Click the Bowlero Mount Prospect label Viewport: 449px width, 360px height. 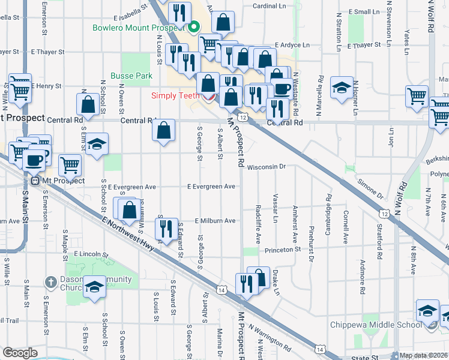click(x=138, y=28)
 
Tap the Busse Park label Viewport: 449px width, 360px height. click(x=131, y=76)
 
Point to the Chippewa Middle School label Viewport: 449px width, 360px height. click(x=375, y=325)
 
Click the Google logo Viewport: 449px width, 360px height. click(x=20, y=353)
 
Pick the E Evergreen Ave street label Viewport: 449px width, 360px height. click(x=211, y=187)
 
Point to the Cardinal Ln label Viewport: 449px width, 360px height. click(x=268, y=6)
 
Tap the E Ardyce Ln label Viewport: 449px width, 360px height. click(x=292, y=45)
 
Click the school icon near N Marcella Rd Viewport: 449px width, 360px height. click(x=342, y=89)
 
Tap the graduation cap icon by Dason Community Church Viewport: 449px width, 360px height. click(x=94, y=287)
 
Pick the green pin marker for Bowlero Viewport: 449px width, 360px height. click(x=193, y=27)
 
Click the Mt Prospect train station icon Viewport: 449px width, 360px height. click(x=35, y=180)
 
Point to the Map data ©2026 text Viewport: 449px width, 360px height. click(x=424, y=355)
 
